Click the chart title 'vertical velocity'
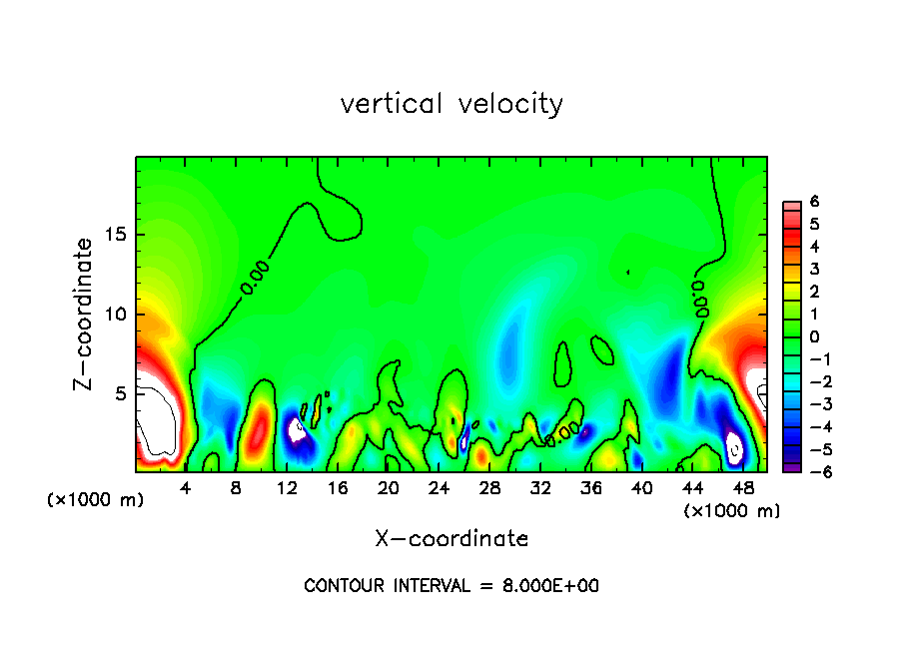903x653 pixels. pyautogui.click(x=451, y=104)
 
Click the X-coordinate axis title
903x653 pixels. pyautogui.click(x=451, y=539)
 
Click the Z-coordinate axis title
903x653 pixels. pyautogui.click(x=87, y=314)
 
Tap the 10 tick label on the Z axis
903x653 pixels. pyautogui.click(x=114, y=315)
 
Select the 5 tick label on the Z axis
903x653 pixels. pyautogui.click(x=119, y=393)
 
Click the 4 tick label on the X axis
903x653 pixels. pyautogui.click(x=186, y=488)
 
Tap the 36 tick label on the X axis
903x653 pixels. pyautogui.click(x=590, y=488)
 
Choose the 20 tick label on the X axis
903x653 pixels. pyautogui.click(x=388, y=488)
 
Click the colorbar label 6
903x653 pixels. pyautogui.click(x=815, y=201)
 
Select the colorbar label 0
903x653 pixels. pyautogui.click(x=815, y=336)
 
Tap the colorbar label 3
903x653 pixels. pyautogui.click(x=815, y=269)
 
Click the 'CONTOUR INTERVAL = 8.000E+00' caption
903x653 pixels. pyautogui.click(x=451, y=586)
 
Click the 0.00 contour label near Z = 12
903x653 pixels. pyautogui.click(x=255, y=278)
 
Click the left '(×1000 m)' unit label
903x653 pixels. pyautogui.click(x=96, y=500)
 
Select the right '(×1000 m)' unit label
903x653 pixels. pyautogui.click(x=732, y=511)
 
